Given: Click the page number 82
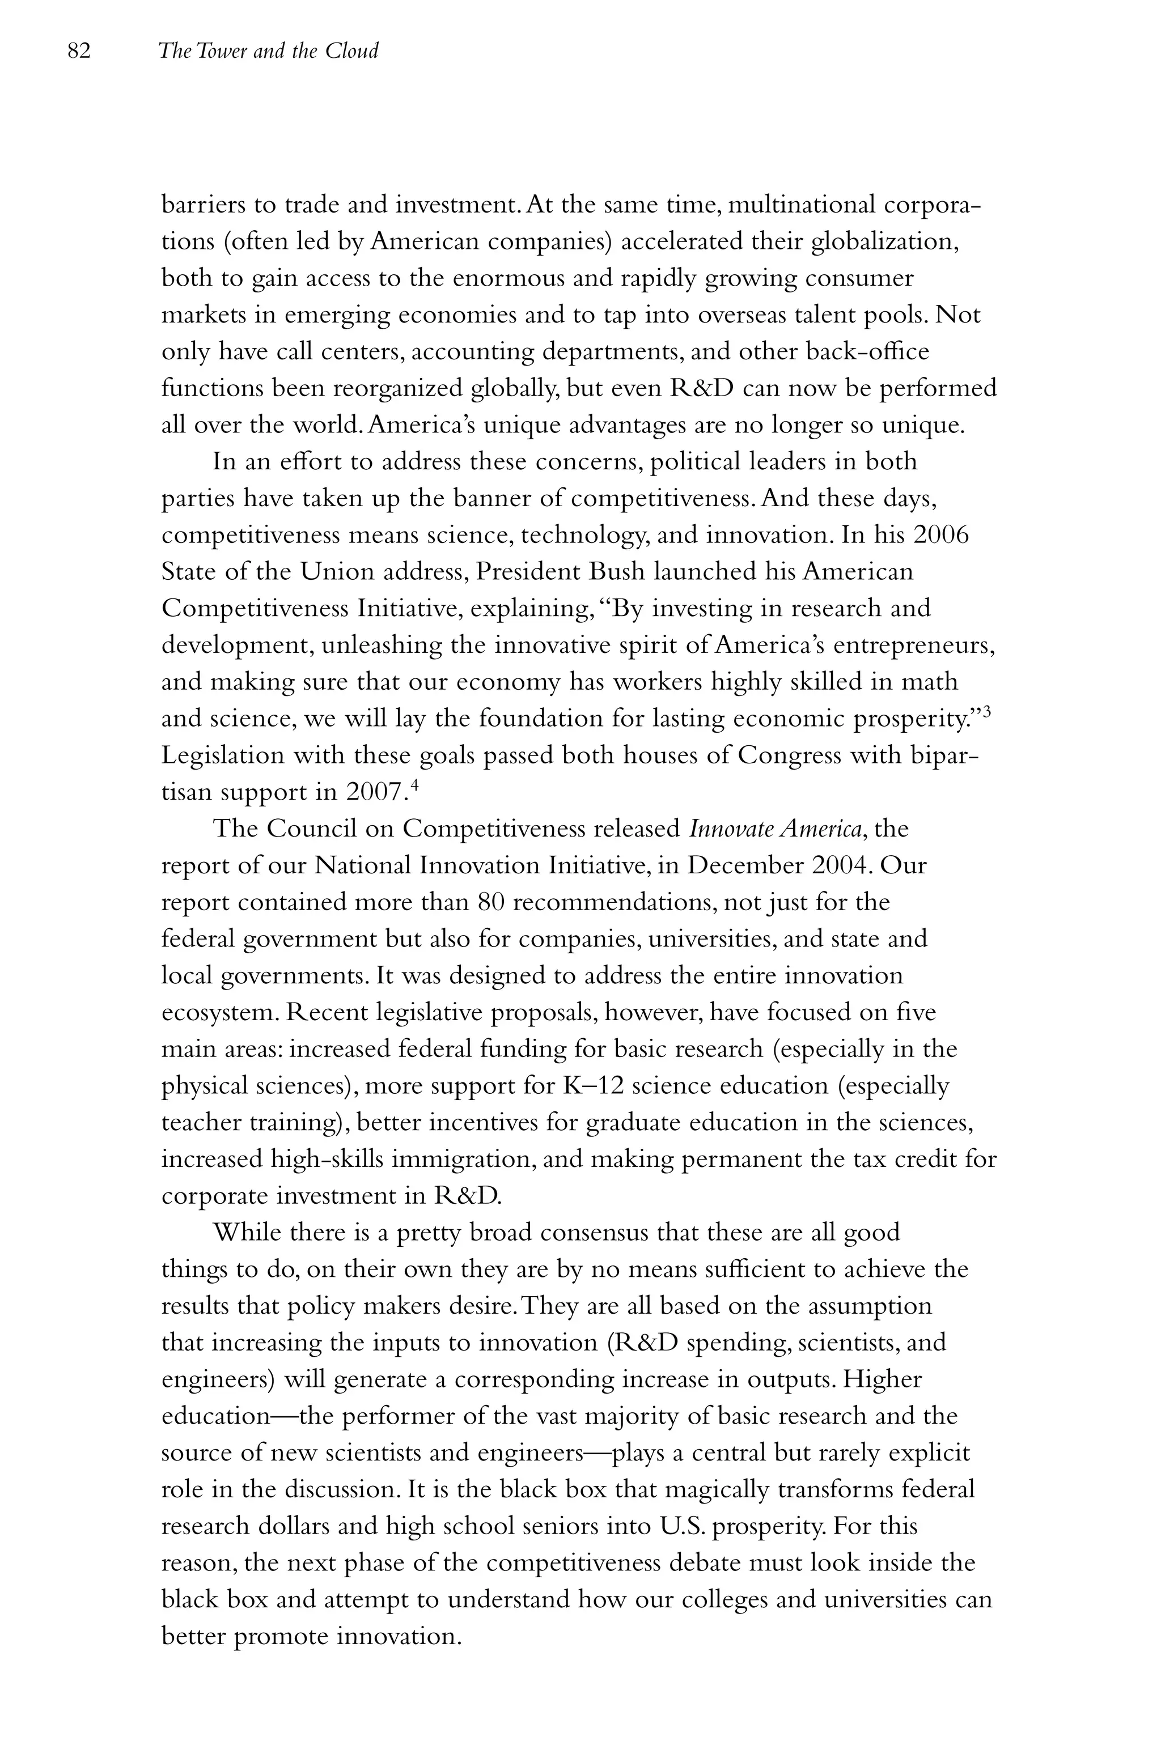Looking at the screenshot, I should coord(78,51).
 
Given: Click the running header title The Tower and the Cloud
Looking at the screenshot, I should coord(268,51).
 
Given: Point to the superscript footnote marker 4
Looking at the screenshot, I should coord(414,785).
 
